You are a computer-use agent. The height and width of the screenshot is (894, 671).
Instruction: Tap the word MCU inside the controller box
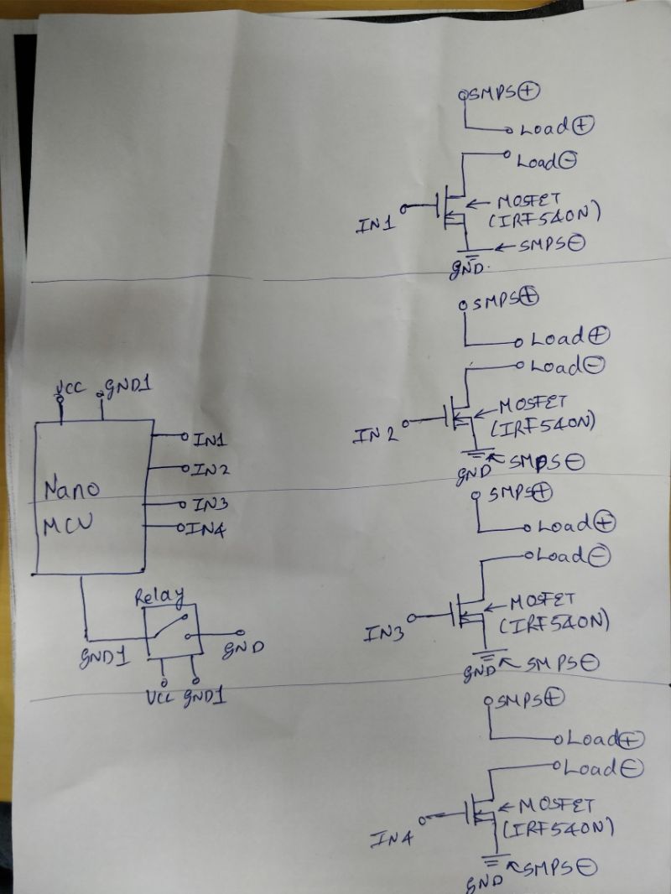pyautogui.click(x=69, y=526)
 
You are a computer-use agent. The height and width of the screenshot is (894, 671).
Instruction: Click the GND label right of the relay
pyautogui.click(x=243, y=649)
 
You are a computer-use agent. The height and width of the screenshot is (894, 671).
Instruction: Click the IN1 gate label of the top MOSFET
pyautogui.click(x=374, y=226)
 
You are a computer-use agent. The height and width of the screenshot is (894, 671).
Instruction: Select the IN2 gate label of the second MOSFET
pyautogui.click(x=375, y=435)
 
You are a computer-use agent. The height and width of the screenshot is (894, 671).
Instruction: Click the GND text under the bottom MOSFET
pyautogui.click(x=486, y=882)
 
